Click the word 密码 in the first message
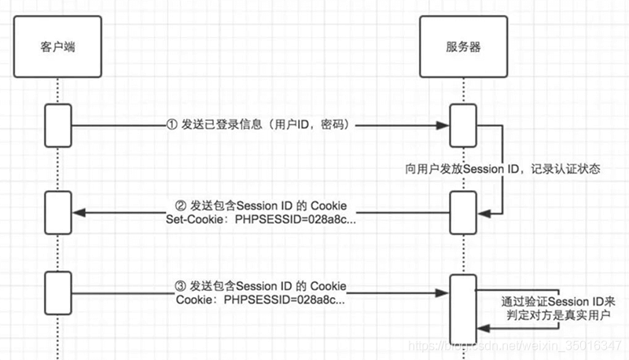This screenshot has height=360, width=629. pos(333,124)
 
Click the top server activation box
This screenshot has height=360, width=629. pos(462,125)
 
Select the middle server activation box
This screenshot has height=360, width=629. pos(462,211)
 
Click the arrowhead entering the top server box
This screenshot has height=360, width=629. pos(443,125)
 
